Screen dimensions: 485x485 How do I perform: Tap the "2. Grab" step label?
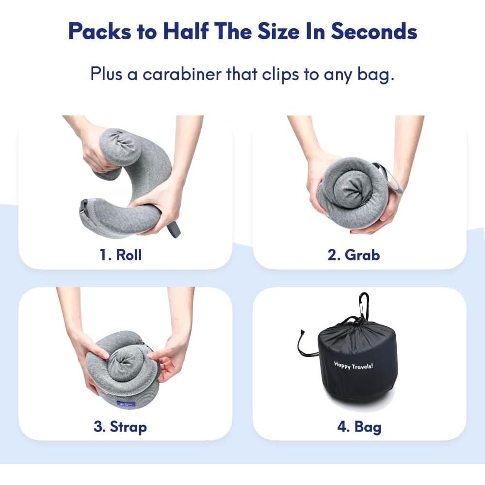[x=354, y=255]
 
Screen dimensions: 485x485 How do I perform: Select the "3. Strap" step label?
[x=120, y=427]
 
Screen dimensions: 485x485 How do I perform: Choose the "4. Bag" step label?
[x=359, y=427]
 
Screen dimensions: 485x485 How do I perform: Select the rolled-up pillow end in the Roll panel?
[x=116, y=145]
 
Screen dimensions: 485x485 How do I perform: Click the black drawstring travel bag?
[x=356, y=364]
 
